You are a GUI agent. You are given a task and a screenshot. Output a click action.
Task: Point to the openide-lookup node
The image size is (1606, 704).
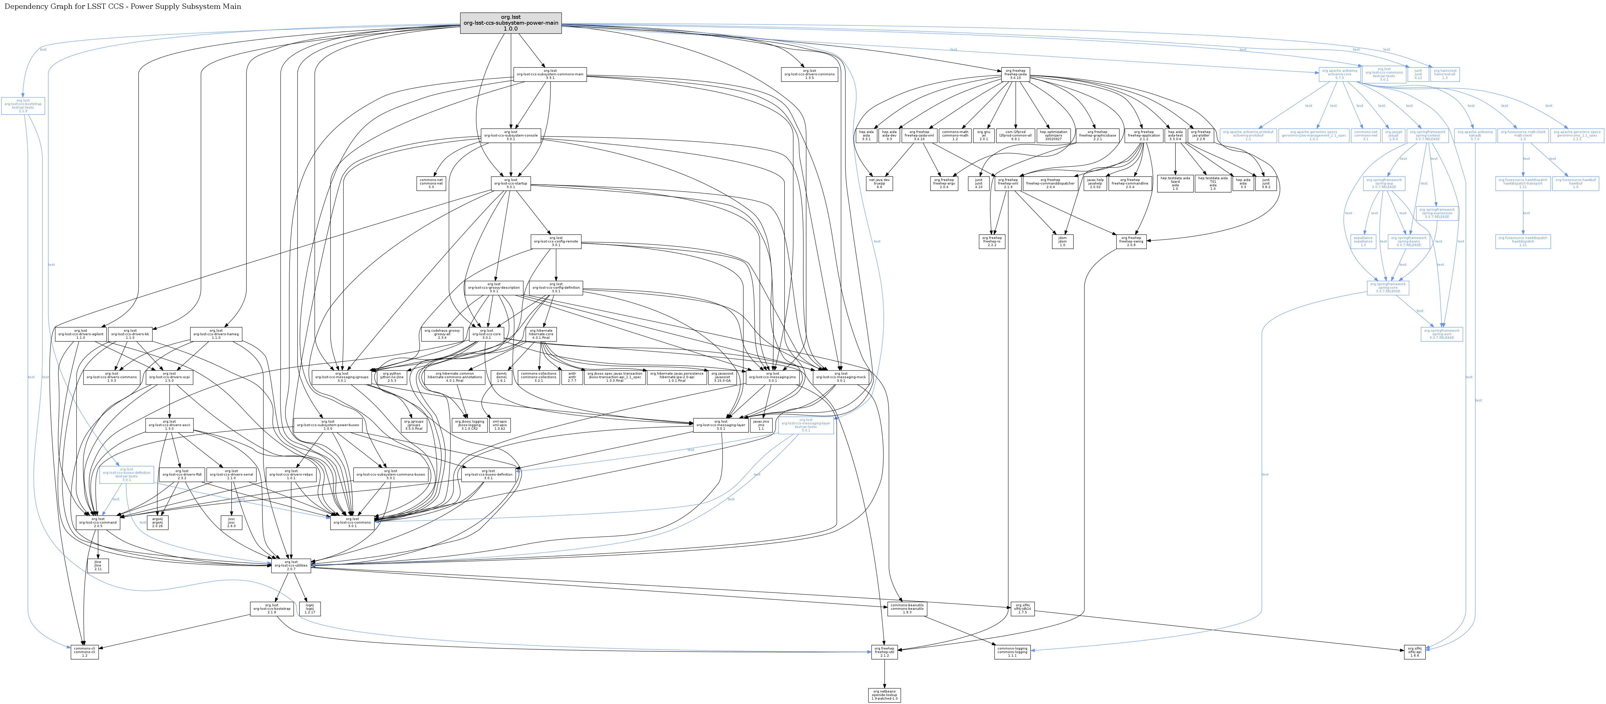[x=884, y=695]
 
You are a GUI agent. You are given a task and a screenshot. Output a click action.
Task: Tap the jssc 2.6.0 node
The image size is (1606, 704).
[x=231, y=522]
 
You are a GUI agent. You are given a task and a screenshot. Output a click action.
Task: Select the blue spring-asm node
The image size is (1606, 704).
[x=1441, y=333]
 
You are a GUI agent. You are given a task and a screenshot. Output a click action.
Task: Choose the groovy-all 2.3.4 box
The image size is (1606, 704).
[x=442, y=333]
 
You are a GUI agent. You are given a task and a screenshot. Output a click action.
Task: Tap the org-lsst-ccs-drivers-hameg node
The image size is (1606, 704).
[x=216, y=333]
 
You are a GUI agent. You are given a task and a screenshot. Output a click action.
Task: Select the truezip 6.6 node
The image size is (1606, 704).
[x=879, y=183]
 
